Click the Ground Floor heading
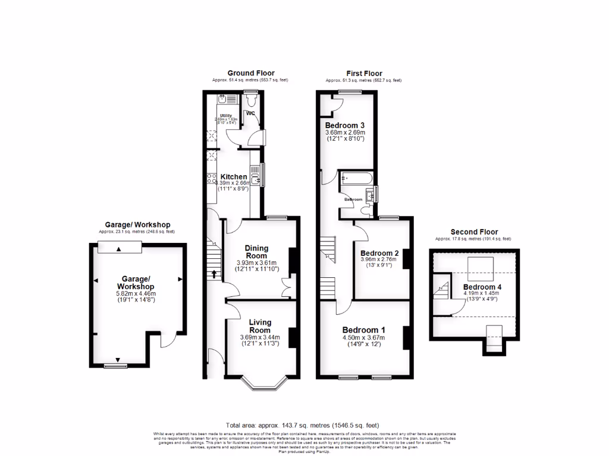(251, 73)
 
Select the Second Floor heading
(474, 232)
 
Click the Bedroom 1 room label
(364, 330)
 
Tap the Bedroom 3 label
(344, 125)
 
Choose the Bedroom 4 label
(482, 287)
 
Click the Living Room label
(260, 325)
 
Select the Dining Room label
(256, 252)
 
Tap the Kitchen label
(234, 177)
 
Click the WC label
(250, 113)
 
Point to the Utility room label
(226, 116)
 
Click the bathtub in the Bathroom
(356, 178)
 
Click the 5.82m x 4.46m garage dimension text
(137, 293)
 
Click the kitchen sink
(255, 176)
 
